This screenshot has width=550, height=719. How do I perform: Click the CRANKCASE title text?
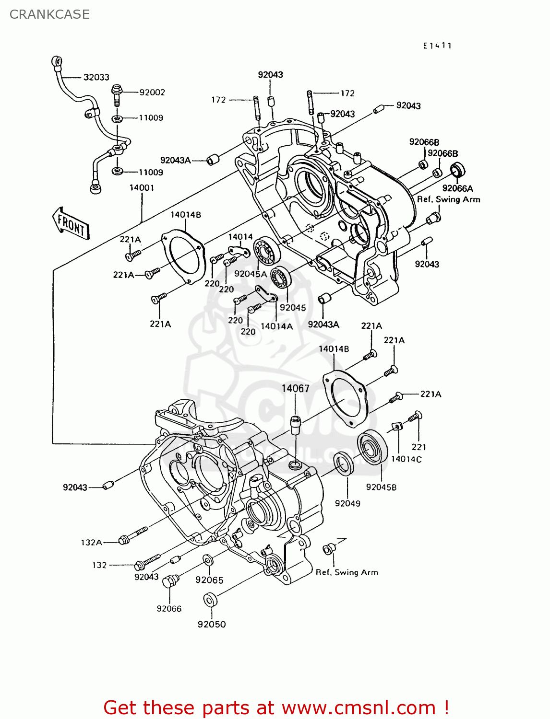[x=49, y=14]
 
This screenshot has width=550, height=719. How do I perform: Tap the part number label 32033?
[x=96, y=77]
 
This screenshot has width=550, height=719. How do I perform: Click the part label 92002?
[x=152, y=93]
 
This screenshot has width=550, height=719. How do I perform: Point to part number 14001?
[x=142, y=188]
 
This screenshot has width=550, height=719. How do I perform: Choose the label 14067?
[x=295, y=389]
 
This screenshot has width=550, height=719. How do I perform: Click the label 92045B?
[x=381, y=487]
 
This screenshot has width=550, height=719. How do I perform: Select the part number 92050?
[x=212, y=625]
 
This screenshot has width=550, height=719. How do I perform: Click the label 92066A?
[x=457, y=188]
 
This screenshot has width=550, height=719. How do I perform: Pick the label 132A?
[x=91, y=543]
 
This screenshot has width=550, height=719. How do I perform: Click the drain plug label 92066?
[x=169, y=609]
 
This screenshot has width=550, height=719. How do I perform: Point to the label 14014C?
[x=406, y=459]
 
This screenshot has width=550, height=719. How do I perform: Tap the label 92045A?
[x=251, y=274]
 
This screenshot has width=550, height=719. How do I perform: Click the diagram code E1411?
[x=437, y=46]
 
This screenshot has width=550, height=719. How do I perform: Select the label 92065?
[x=209, y=580]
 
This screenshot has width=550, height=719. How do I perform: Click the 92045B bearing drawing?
[x=372, y=448]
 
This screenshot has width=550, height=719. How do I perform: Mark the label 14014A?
[x=276, y=326]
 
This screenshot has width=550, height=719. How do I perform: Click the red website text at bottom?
[x=276, y=707]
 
